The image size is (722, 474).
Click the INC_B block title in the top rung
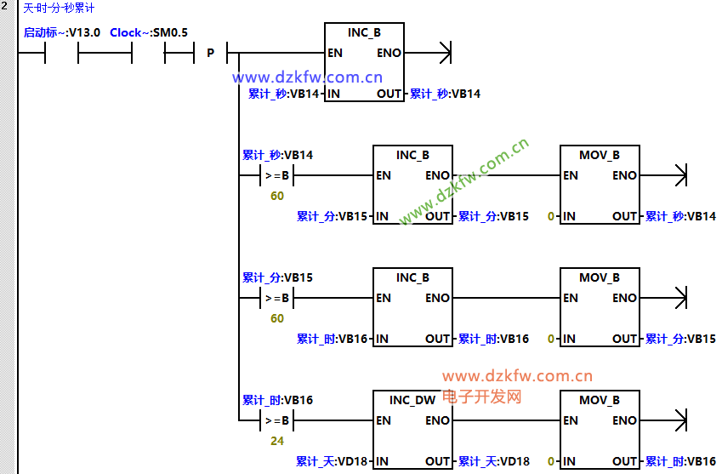pyautogui.click(x=364, y=32)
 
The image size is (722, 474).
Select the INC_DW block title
pyautogui.click(x=412, y=400)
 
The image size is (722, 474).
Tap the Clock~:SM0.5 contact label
pyautogui.click(x=149, y=32)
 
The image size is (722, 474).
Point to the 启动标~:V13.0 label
pyautogui.click(x=61, y=32)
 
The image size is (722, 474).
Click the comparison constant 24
pyautogui.click(x=277, y=441)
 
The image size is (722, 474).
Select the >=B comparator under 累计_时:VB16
pyautogui.click(x=277, y=420)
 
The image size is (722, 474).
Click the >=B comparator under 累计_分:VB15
pyautogui.click(x=277, y=298)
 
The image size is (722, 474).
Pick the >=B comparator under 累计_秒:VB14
pyautogui.click(x=277, y=176)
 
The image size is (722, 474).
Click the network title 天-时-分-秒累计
pyautogui.click(x=59, y=9)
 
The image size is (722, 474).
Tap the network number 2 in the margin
pyautogui.click(x=4, y=7)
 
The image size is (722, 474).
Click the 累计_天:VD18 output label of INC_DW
pyautogui.click(x=493, y=461)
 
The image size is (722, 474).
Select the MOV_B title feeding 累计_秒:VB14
pyautogui.click(x=600, y=155)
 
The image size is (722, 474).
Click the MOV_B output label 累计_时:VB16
pyautogui.click(x=680, y=461)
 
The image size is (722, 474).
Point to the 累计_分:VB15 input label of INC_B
pyautogui.click(x=332, y=216)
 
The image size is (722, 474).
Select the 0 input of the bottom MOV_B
pyautogui.click(x=551, y=461)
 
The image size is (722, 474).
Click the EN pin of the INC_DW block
pyautogui.click(x=384, y=420)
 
